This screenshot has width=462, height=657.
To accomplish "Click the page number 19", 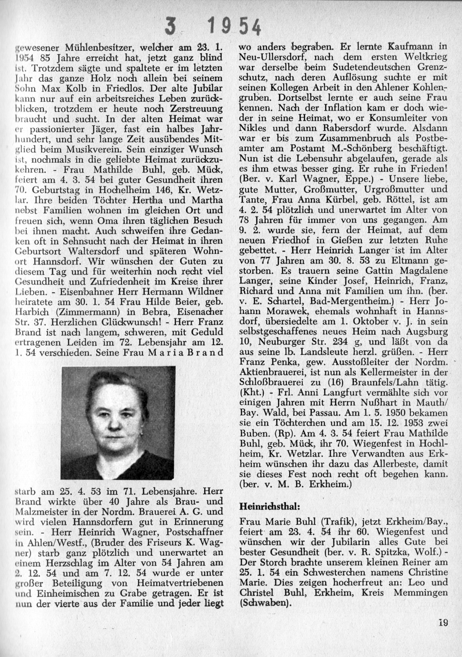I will (443, 622).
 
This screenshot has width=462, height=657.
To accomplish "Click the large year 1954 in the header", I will (235, 29).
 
